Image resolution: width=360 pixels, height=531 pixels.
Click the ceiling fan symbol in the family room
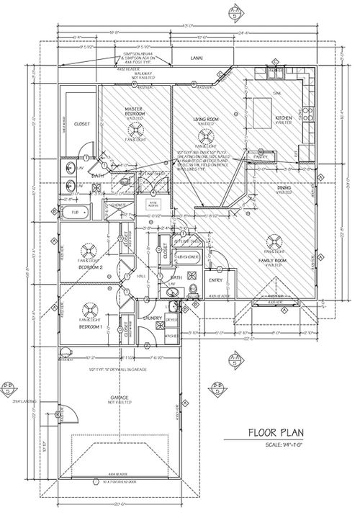coord(273,241)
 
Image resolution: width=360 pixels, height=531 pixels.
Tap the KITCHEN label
coord(283,119)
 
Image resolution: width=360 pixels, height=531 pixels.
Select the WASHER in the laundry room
coord(171,336)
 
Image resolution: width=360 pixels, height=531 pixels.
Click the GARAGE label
coord(120,398)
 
